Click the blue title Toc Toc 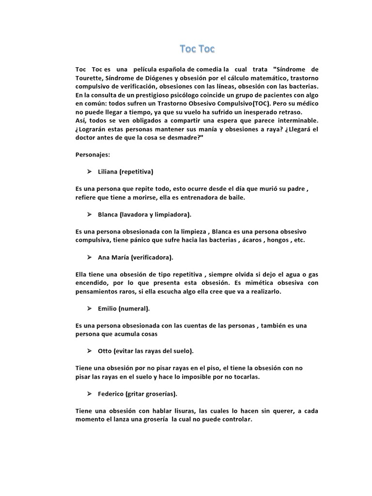point(197,48)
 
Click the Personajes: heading point(93,155)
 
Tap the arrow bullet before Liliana point(90,171)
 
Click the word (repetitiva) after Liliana point(137,172)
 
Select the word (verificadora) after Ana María point(151,257)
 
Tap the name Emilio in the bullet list point(107,308)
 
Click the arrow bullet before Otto point(90,351)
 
